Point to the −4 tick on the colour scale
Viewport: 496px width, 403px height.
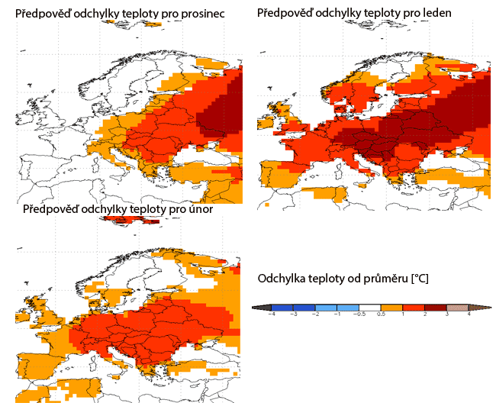[x=272, y=314]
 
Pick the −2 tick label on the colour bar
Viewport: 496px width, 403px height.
[x=315, y=314]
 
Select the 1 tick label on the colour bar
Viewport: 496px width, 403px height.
[x=403, y=314]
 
